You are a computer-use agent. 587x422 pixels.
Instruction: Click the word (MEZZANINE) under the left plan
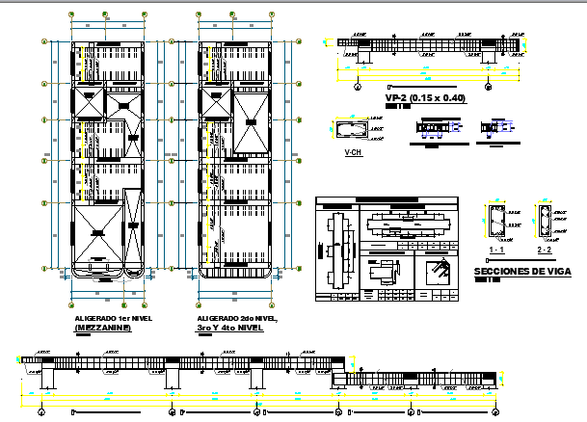103,328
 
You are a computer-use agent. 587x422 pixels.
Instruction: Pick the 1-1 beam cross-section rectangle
497,222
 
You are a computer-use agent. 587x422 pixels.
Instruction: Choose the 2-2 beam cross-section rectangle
544,222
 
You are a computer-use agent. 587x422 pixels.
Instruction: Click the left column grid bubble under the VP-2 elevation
359,86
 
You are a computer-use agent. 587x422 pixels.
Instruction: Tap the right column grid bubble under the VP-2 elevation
490,86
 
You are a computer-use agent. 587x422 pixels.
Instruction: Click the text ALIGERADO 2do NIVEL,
236,318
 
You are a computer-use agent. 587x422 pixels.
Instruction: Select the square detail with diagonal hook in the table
440,270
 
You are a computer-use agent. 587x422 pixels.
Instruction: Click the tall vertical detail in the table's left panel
334,251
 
